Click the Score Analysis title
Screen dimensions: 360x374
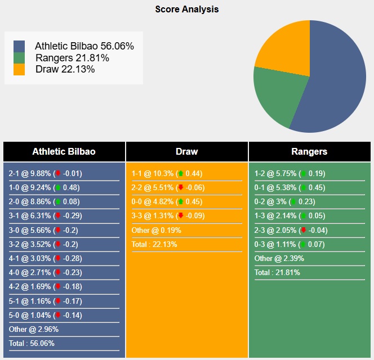pos(187,10)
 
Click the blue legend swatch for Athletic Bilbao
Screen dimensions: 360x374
pos(19,46)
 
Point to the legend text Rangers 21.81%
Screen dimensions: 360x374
pos(72,58)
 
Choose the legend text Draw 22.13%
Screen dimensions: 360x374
pos(65,69)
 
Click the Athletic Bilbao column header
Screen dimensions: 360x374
pos(64,152)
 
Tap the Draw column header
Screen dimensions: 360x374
pos(187,152)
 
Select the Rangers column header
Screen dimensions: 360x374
pos(309,152)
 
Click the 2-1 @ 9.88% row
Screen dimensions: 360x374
pos(30,174)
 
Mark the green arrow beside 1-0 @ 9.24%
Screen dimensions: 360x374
pos(57,188)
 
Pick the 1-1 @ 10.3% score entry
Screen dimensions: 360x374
pos(152,174)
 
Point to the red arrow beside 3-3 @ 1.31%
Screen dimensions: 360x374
pos(180,216)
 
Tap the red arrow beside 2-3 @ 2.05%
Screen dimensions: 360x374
pos(303,230)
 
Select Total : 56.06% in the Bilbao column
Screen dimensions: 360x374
pos(32,343)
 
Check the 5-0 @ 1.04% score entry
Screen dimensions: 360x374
pos(30,315)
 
